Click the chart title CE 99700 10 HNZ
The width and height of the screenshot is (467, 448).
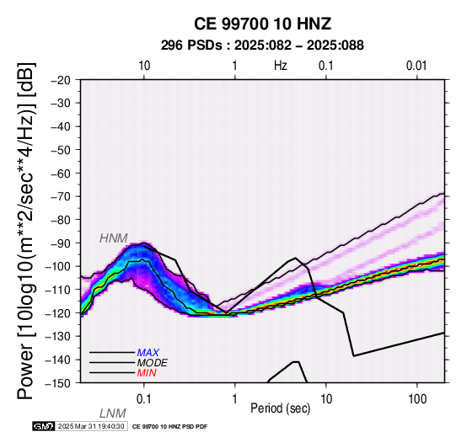point(262,24)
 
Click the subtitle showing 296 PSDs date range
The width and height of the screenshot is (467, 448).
point(262,45)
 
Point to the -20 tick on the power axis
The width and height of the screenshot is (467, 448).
point(61,80)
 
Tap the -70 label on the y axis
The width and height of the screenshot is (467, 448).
point(61,196)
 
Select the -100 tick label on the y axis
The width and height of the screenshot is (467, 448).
point(58,266)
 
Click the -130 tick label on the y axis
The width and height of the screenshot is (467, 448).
point(58,336)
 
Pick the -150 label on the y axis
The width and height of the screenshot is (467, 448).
point(58,383)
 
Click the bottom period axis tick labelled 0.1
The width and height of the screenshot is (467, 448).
point(144,399)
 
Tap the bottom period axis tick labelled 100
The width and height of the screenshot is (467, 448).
point(417,399)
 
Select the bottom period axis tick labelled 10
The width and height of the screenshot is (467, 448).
point(326,399)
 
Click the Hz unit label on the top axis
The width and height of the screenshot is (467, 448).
point(280,66)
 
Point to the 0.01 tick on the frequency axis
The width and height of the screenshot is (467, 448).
point(416,66)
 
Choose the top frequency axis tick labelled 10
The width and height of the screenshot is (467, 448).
point(144,66)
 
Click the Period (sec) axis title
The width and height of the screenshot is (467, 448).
point(280,408)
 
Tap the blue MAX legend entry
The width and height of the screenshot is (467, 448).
point(148,353)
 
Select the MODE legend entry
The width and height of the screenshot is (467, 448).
point(153,363)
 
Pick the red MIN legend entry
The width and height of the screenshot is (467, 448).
point(147,373)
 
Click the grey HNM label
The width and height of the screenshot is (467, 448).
point(114,238)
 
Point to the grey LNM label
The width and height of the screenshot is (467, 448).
point(113,413)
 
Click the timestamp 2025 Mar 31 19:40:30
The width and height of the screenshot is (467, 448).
point(91,426)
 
